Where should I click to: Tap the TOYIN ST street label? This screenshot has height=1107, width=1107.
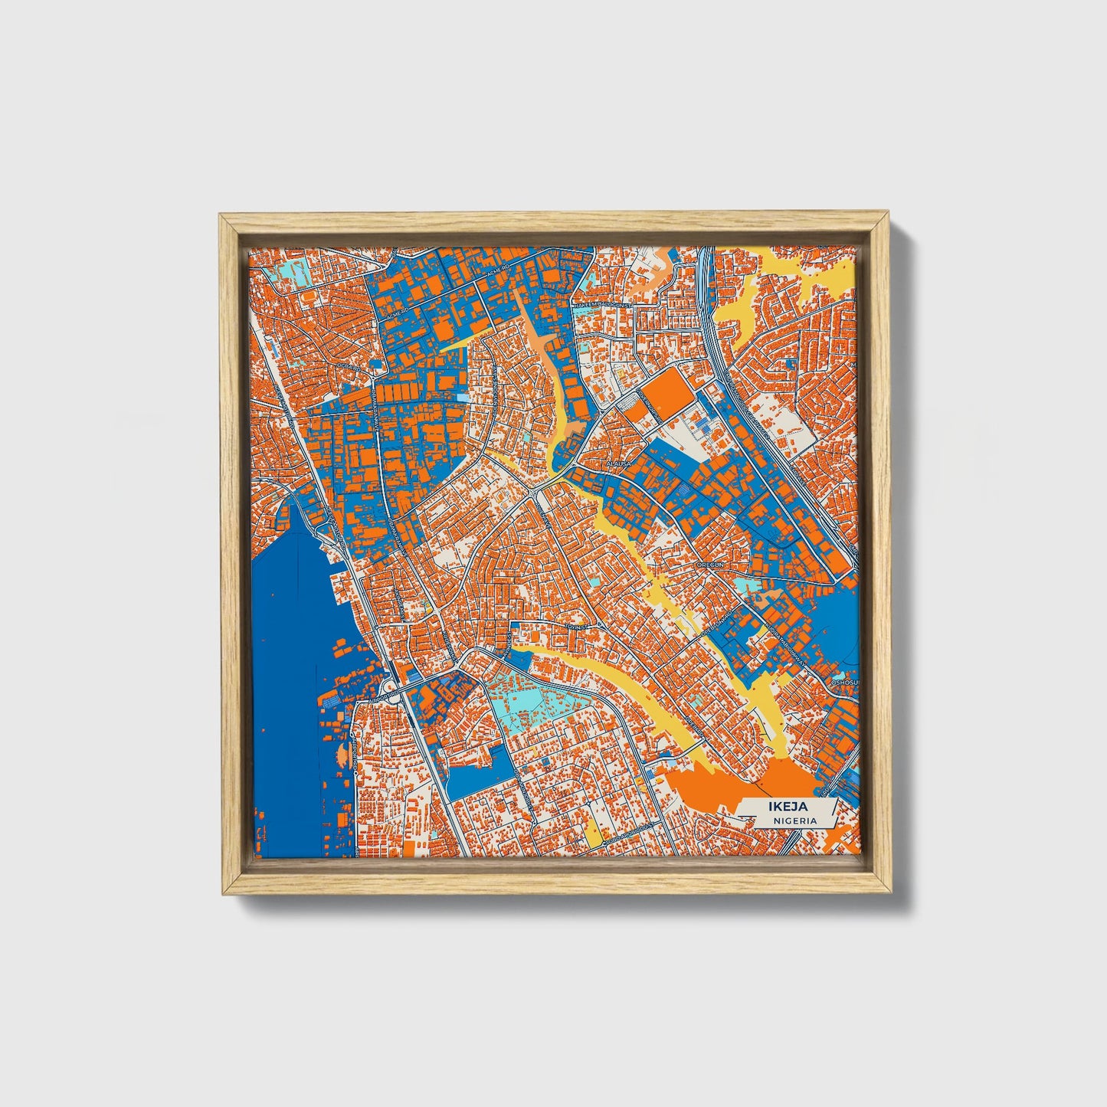(575, 626)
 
